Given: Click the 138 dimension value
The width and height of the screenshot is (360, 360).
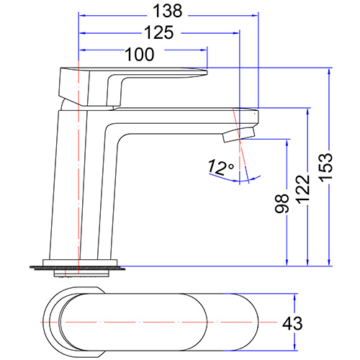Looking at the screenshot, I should point(167,11).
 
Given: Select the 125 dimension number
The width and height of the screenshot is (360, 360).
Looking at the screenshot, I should point(158,32).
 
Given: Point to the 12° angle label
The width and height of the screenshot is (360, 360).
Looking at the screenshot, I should point(221,168).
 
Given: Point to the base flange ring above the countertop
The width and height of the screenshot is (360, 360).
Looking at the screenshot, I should point(81,261).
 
